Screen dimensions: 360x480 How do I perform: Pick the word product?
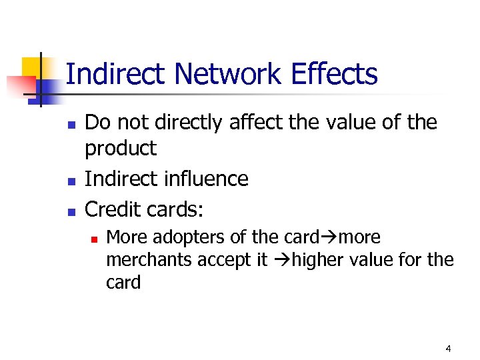(x=121, y=149)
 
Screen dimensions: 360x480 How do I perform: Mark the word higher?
(x=317, y=259)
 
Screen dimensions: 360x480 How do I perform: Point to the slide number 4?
(x=448, y=349)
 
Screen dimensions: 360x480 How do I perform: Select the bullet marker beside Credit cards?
(x=73, y=211)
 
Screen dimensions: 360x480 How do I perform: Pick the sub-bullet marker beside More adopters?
(x=95, y=238)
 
